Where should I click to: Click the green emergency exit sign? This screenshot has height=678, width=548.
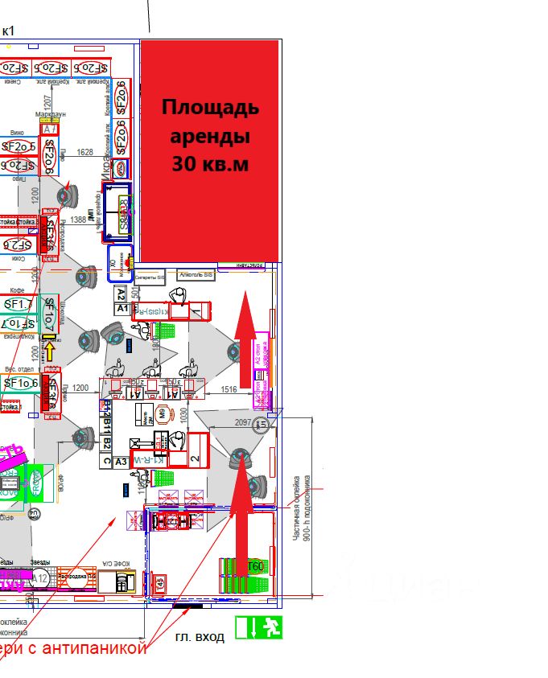[259, 627]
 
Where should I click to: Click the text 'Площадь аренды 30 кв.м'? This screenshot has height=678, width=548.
[210, 135]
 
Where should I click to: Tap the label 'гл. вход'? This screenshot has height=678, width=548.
[200, 636]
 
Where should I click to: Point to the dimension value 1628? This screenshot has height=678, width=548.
[85, 152]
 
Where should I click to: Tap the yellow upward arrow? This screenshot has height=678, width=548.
[50, 351]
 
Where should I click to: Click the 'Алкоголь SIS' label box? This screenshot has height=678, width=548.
[196, 275]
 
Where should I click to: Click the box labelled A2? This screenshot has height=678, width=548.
[122, 294]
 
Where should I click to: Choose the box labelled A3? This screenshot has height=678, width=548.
[121, 462]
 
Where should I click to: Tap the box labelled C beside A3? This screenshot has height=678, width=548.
[105, 462]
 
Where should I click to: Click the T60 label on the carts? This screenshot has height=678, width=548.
[255, 566]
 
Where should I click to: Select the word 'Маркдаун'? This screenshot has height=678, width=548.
[50, 114]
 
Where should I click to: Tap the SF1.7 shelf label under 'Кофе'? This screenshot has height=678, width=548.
[18, 304]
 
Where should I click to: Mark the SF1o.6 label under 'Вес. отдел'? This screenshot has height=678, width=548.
[18, 383]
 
